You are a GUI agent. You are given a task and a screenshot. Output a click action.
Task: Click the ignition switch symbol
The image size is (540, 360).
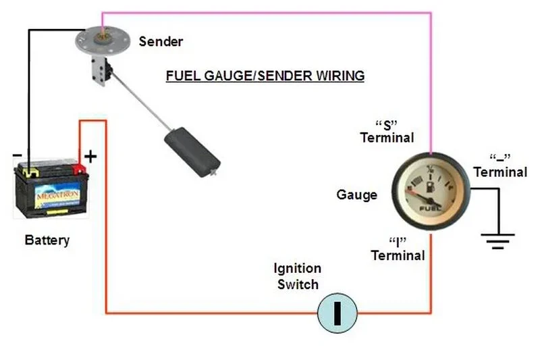pos(337,313)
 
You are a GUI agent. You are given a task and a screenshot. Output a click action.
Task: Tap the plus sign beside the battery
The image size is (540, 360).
pos(90,156)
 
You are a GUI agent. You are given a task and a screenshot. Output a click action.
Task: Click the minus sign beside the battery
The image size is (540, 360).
pos(17,155)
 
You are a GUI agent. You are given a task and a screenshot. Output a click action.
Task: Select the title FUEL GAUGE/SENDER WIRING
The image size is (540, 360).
pos(265,76)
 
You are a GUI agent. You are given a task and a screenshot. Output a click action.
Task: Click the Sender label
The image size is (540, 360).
pos(161,42)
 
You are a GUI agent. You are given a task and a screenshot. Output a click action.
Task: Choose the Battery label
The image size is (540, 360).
pos(47,240)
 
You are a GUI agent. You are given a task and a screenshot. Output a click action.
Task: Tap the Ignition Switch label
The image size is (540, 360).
pos(297,276)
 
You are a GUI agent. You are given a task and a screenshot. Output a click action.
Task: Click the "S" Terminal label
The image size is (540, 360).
pos(387,132)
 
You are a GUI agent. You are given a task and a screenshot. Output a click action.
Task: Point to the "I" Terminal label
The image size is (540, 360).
pos(398,249)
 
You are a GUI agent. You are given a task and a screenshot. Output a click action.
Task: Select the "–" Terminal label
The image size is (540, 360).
pos(500,166)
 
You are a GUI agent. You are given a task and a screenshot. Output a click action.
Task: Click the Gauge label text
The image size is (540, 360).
pos(356,195)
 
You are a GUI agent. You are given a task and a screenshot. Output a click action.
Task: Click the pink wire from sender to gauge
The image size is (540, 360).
pos(270,12)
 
